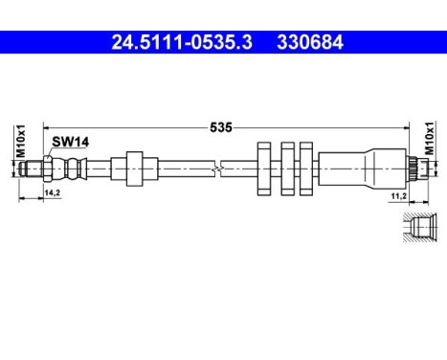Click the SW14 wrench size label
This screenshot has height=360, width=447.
(69, 142)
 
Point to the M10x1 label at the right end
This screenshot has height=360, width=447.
(429, 138)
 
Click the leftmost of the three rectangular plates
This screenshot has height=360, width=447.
(265, 169)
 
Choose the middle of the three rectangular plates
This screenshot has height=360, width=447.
(285, 169)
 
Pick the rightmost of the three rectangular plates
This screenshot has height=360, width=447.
(305, 169)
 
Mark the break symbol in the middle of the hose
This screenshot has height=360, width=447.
(221, 169)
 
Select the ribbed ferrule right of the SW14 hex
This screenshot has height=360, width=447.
(72, 169)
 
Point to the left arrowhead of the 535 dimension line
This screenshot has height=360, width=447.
(44, 125)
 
